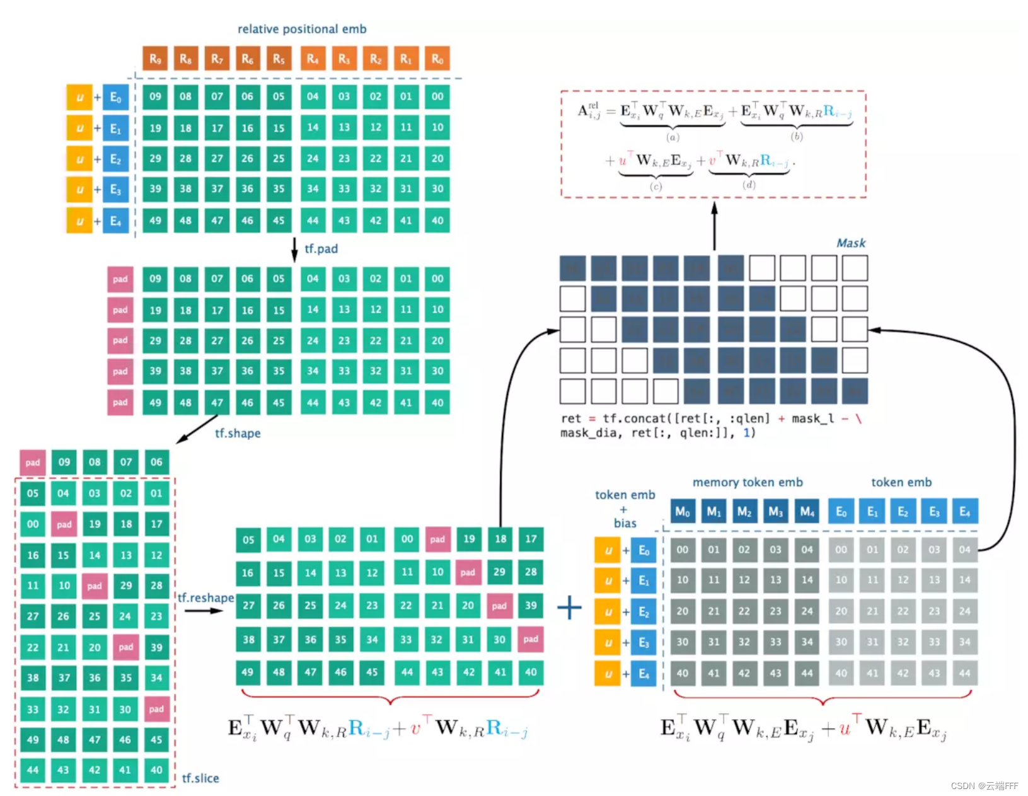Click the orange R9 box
[x=154, y=59]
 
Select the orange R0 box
[x=437, y=59]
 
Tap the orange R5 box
[x=279, y=59]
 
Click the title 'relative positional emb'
[x=301, y=29]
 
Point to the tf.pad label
[x=321, y=249]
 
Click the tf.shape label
[x=238, y=434]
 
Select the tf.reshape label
[x=205, y=597]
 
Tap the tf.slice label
[x=200, y=778]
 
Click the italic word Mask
[x=850, y=243]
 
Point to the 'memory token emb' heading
[x=748, y=482]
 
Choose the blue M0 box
[x=683, y=512]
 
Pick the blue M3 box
[x=775, y=512]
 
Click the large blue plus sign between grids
[x=569, y=608]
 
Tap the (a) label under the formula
[x=673, y=137]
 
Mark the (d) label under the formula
[x=749, y=185]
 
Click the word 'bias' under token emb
[x=625, y=523]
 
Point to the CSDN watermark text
[x=984, y=786]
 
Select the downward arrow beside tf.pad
[x=294, y=249]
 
